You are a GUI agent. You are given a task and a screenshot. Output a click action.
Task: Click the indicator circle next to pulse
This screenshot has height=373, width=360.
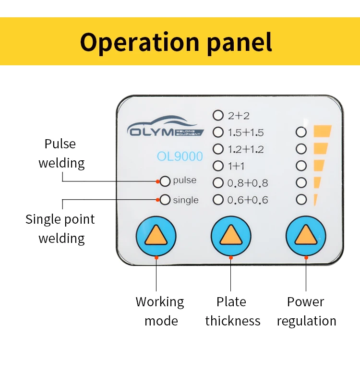click(165, 181)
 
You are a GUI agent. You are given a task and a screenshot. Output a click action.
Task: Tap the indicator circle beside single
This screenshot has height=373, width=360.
click(165, 200)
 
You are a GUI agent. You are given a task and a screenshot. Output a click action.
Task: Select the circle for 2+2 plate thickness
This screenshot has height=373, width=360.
click(218, 115)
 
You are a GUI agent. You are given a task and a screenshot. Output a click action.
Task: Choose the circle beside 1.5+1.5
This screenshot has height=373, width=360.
click(218, 132)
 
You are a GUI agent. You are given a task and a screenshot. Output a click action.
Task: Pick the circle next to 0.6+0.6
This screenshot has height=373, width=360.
click(218, 200)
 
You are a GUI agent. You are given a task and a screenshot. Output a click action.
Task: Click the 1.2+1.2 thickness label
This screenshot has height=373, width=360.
click(246, 149)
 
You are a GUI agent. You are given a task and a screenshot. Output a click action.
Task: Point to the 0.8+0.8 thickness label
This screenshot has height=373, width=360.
click(248, 183)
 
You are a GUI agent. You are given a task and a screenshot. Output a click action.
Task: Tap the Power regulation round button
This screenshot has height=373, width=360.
click(306, 236)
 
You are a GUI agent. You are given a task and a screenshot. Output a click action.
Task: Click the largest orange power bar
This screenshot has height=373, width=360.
click(323, 131)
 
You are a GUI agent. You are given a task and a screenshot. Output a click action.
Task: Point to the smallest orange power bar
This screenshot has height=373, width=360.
click(315, 200)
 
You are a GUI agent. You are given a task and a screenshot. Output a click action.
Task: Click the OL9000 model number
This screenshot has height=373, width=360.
click(180, 156)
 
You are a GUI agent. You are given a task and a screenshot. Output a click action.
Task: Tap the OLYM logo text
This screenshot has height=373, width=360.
click(151, 132)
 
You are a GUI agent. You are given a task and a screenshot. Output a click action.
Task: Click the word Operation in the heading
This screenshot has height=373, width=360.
click(140, 43)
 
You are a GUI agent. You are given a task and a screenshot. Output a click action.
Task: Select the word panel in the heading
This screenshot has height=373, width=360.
click(240, 43)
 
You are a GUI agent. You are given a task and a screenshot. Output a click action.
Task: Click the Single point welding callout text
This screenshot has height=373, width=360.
click(60, 229)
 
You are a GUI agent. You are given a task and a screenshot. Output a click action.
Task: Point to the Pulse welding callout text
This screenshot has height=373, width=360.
click(61, 154)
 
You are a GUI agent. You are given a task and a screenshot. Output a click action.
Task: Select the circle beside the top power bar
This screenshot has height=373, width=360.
click(301, 132)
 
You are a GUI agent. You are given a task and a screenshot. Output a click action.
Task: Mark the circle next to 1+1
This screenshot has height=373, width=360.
click(218, 166)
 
